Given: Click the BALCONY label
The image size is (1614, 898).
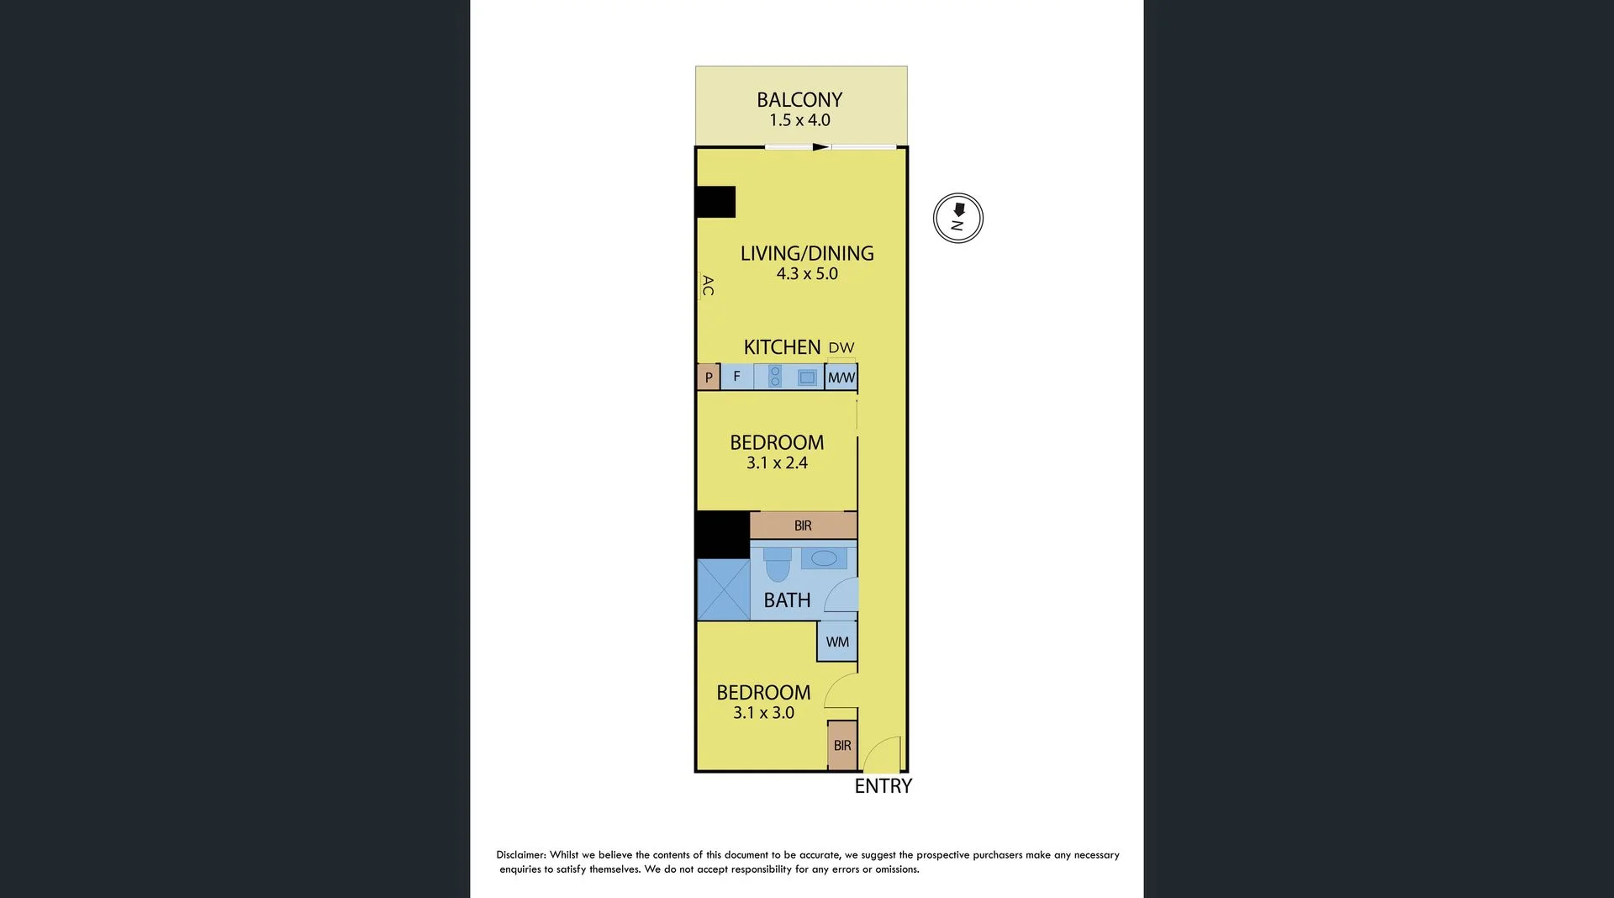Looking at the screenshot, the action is [x=799, y=100].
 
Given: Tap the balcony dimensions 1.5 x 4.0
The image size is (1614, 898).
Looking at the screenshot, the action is [x=799, y=120].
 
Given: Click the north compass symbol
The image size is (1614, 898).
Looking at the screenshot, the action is [x=958, y=219].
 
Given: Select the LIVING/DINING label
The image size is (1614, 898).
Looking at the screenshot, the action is [x=807, y=253].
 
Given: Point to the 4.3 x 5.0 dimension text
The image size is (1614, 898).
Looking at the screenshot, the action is [x=807, y=274].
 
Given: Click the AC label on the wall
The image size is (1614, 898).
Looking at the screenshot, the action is [x=708, y=286].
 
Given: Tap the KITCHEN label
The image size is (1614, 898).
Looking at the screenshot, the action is [x=782, y=347].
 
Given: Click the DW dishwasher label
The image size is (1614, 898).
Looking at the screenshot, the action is [x=841, y=347].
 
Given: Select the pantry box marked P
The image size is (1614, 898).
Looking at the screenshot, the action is [x=709, y=378].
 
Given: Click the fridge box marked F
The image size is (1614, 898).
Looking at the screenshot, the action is [x=737, y=377].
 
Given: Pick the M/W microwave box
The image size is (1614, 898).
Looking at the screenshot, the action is [x=841, y=378].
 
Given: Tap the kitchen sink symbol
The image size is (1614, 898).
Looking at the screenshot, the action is [x=807, y=378].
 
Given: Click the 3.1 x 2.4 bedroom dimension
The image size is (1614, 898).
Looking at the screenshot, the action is [x=777, y=463].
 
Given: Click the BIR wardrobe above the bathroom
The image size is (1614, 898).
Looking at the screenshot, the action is [x=803, y=526].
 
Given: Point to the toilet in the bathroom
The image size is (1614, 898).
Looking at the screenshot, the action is [x=778, y=565].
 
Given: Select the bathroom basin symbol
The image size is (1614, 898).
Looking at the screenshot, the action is [x=824, y=558].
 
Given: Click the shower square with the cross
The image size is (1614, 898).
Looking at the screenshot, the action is [x=724, y=589].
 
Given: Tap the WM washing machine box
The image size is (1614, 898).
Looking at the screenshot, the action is [x=837, y=642].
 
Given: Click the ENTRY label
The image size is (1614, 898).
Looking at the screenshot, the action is [x=883, y=786].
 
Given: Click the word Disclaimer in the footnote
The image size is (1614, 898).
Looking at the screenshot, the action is [x=520, y=855].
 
